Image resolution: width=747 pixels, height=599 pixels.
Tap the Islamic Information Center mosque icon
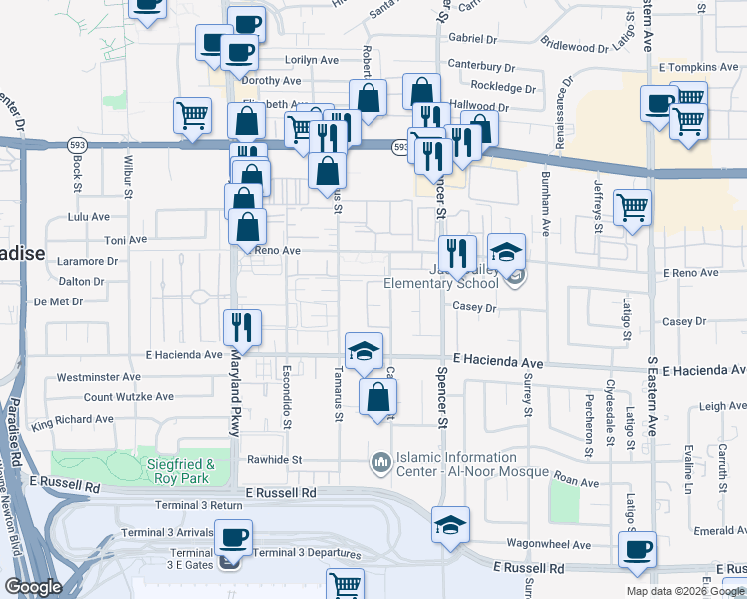(x=379, y=463)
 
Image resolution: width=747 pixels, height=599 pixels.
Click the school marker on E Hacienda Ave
(x=365, y=350)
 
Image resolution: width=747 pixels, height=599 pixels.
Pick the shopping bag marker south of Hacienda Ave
(x=377, y=398)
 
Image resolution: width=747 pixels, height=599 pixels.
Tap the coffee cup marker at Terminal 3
(x=234, y=539)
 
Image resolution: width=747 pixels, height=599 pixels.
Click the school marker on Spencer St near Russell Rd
(x=450, y=525)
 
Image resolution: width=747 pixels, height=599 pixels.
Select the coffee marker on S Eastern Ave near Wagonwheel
(x=637, y=550)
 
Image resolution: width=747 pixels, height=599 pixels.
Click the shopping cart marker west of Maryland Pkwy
(x=192, y=114)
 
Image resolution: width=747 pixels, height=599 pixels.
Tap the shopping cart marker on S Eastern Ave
(x=632, y=209)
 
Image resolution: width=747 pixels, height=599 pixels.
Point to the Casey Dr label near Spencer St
(x=474, y=309)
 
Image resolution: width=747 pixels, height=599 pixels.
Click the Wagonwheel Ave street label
(x=548, y=544)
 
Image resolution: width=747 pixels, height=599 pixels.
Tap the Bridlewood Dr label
(x=574, y=45)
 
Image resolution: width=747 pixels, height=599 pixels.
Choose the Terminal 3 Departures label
(x=302, y=553)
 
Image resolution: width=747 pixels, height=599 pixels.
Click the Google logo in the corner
(x=34, y=587)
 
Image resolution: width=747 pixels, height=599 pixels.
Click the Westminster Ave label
(x=99, y=377)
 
